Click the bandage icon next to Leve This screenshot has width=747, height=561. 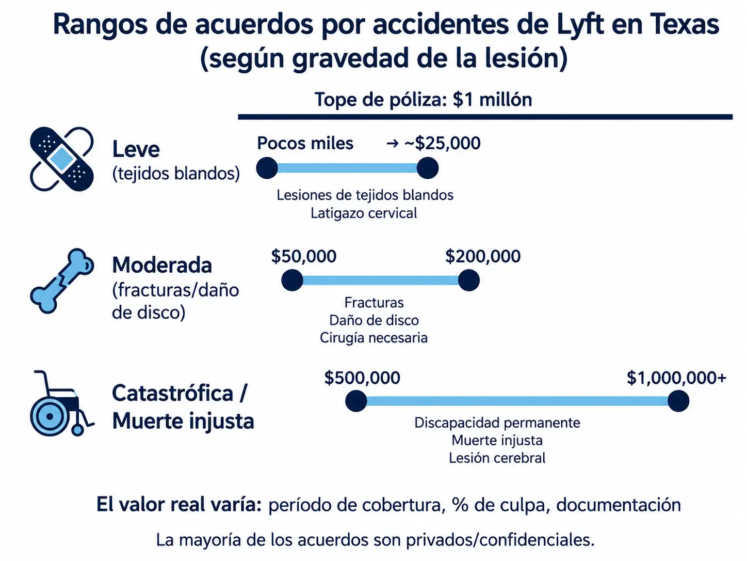(x=61, y=159)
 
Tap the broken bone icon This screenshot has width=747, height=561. (x=62, y=280)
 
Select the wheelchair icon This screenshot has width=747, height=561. (x=61, y=403)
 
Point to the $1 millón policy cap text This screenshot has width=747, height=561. (x=492, y=100)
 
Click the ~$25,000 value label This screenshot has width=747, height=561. (x=443, y=143)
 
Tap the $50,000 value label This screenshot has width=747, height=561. (x=303, y=256)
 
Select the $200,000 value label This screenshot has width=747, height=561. (x=482, y=256)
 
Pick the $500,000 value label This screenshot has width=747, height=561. (x=362, y=378)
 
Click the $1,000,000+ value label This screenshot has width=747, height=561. (x=676, y=378)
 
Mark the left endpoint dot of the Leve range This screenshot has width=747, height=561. (x=267, y=168)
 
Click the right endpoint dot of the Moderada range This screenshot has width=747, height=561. (x=468, y=280)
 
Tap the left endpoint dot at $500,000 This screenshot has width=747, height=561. (x=356, y=401)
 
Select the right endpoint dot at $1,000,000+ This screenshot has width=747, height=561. (x=678, y=401)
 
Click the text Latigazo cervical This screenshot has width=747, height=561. (x=364, y=213)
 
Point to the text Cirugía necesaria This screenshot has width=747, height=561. (x=373, y=337)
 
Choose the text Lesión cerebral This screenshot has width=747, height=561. (x=497, y=458)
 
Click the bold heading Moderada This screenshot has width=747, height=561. (x=162, y=265)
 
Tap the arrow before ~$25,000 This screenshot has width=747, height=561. (x=393, y=144)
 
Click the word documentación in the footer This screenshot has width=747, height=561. (x=619, y=505)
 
